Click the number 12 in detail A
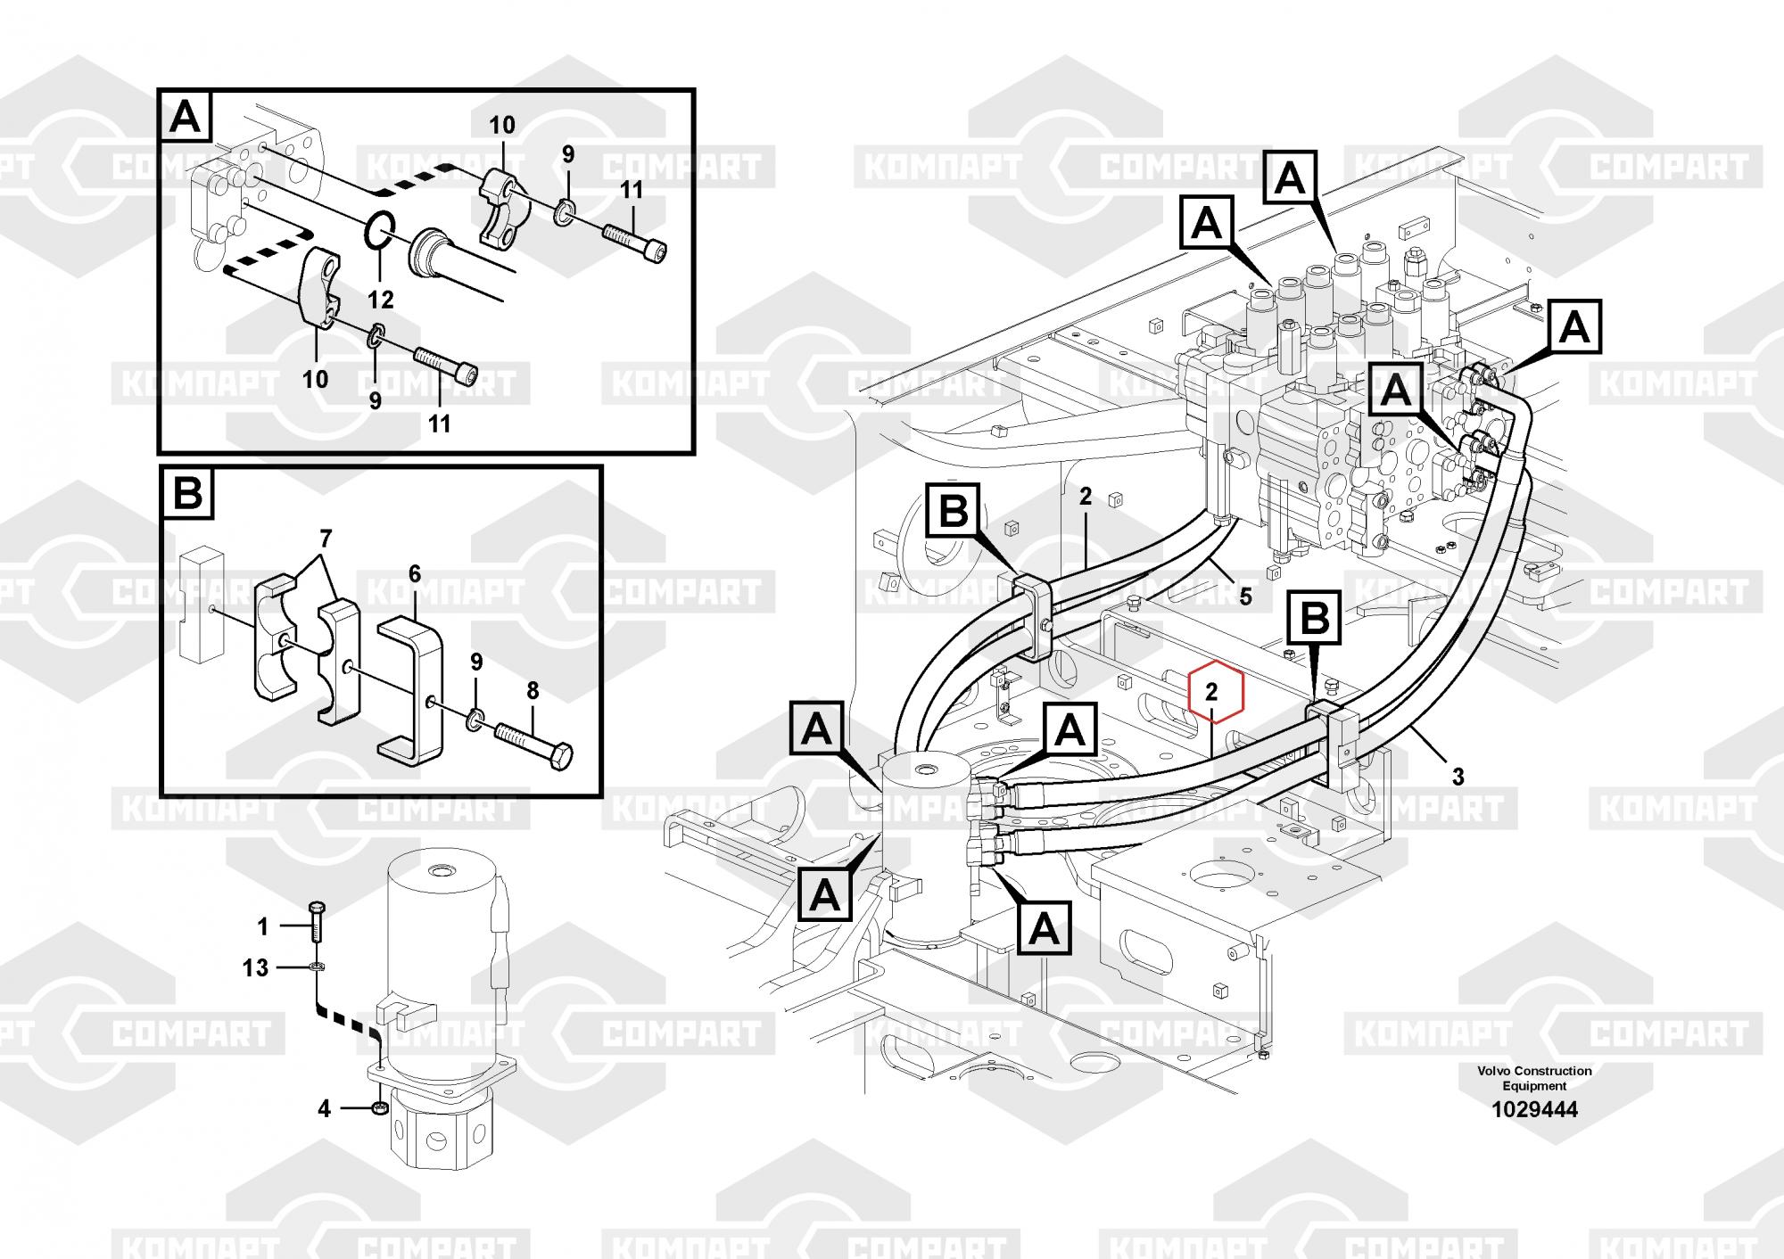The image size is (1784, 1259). (381, 299)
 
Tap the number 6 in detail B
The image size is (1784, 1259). (415, 574)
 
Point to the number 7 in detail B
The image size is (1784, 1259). (326, 539)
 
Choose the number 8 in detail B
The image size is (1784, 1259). (533, 690)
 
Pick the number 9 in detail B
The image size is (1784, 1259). (476, 662)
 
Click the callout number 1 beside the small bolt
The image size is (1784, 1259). (262, 927)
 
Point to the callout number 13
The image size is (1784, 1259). (255, 967)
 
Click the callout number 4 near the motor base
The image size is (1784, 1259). (324, 1108)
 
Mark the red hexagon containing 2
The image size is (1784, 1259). (1210, 691)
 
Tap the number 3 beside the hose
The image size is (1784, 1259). (1458, 777)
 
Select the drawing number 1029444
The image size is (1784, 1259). (1534, 1109)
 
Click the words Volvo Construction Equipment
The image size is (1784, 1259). (1534, 1078)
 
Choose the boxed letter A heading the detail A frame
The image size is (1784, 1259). (185, 116)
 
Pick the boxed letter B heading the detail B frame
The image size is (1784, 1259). (187, 492)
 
